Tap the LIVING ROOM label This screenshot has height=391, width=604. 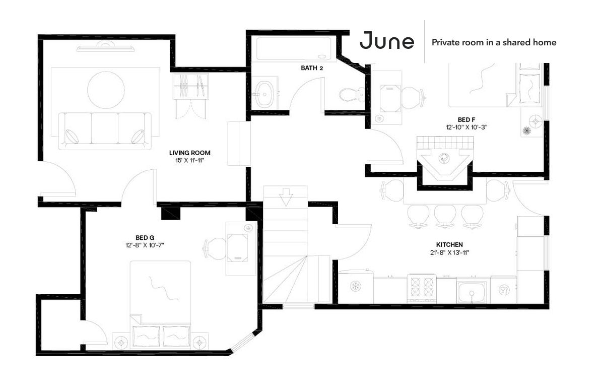(x=190, y=153)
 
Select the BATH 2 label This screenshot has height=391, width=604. (x=312, y=68)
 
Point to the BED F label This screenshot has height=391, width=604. (x=466, y=120)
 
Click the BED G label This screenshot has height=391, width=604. (x=145, y=238)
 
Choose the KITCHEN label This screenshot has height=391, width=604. (x=449, y=244)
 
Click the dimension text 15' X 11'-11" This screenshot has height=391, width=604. (x=190, y=160)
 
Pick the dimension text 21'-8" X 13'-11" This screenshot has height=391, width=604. (x=449, y=253)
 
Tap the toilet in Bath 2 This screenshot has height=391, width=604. (x=352, y=94)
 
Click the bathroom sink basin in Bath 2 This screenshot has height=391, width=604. (x=265, y=94)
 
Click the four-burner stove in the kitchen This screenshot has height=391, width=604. (x=422, y=288)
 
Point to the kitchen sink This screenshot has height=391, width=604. (x=472, y=292)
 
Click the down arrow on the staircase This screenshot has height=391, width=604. (x=286, y=197)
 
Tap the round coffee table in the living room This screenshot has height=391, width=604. (x=106, y=90)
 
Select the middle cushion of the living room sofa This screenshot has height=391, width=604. (x=105, y=128)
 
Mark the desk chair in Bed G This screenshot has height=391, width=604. (x=215, y=248)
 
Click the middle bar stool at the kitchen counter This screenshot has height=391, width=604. (x=445, y=216)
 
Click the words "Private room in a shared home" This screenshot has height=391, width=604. (x=494, y=42)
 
